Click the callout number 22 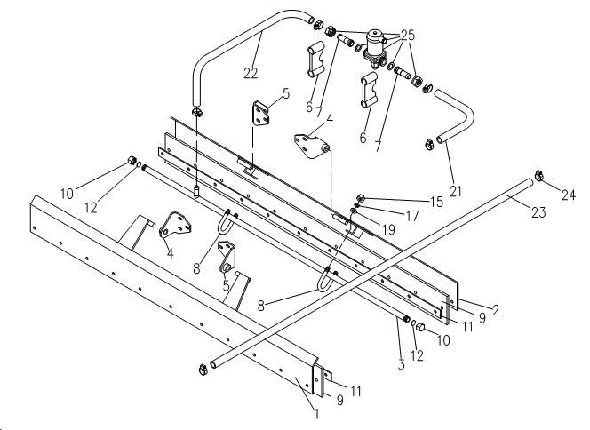point(251,73)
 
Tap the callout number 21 point(456,191)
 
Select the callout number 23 point(538,212)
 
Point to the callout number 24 point(569,195)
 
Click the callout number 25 point(408,35)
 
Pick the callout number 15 point(436,202)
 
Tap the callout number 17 point(412,216)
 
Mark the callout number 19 point(388,228)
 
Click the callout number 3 point(401,364)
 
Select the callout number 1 point(317,414)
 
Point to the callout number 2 point(496,310)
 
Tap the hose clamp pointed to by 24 point(539,175)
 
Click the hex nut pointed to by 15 point(360,197)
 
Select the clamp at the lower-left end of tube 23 point(203,370)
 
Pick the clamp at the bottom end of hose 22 point(196,112)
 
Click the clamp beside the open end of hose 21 point(428,144)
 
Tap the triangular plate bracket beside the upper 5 point(260,113)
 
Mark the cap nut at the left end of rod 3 point(132,161)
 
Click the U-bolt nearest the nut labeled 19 point(324,281)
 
